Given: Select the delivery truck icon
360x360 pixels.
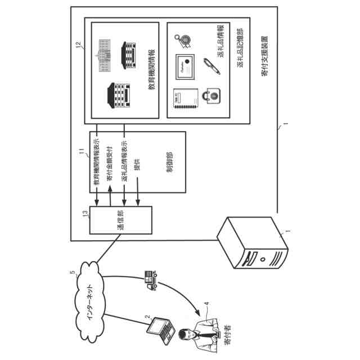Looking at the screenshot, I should pos(150,279).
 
